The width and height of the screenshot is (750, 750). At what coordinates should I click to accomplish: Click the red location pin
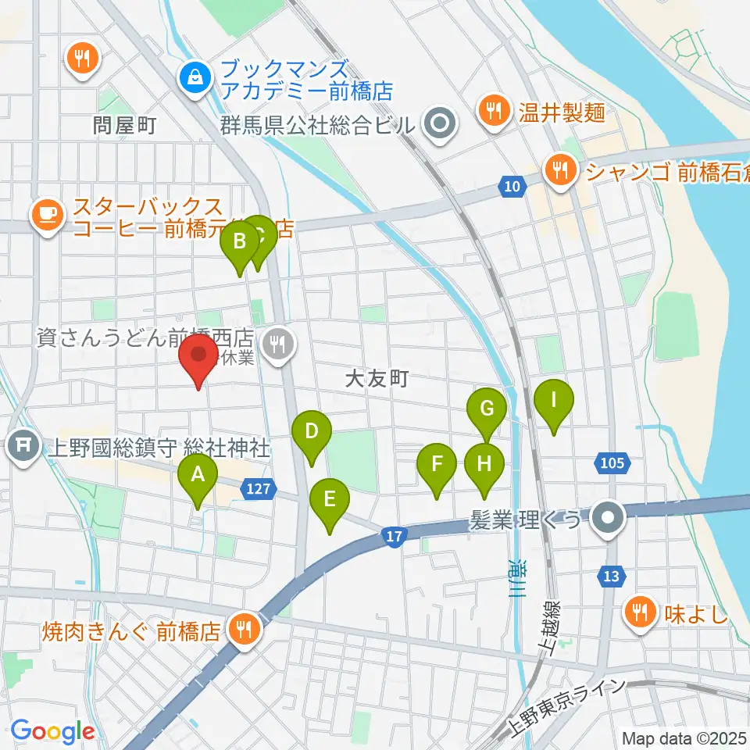point(198,360)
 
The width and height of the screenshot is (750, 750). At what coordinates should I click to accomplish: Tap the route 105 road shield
point(612,463)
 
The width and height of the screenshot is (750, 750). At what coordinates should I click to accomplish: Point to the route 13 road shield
point(611,577)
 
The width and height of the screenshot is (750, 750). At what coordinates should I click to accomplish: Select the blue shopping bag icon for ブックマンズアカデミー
point(192,77)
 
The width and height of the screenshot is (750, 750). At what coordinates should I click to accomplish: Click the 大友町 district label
point(377,380)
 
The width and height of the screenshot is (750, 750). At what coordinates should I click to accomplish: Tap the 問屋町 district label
point(125,123)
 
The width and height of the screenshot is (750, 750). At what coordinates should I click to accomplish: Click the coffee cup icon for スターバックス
point(48,212)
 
